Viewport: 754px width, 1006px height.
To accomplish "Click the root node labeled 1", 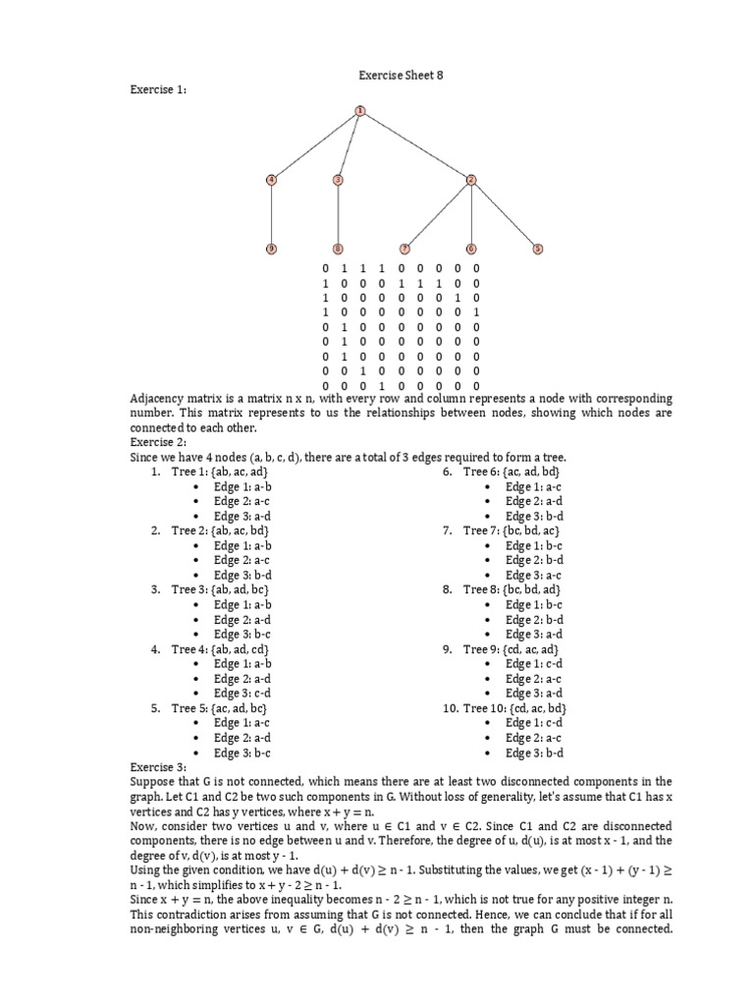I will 360,110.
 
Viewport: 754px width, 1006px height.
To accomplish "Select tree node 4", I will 271,179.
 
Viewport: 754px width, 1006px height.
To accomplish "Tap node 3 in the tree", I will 338,179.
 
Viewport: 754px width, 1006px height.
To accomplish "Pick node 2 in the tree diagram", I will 471,179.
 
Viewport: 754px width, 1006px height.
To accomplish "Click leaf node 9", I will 271,249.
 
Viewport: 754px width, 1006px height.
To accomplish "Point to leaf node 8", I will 338,249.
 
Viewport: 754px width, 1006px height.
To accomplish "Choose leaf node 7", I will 404,249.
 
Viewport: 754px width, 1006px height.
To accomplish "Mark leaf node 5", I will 537,249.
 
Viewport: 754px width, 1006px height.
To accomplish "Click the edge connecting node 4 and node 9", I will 271,214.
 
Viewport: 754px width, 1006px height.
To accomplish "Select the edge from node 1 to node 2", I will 415,144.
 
